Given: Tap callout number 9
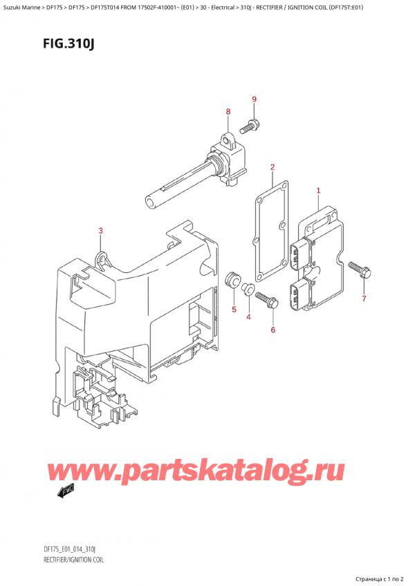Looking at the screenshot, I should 254,100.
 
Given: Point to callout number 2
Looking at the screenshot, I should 273,167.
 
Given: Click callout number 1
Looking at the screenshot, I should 318,191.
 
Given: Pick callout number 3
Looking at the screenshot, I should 101,231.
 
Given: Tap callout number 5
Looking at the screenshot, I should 234,309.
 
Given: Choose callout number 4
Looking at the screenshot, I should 249,317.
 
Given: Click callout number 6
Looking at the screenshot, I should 273,330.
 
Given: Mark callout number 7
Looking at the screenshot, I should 365,299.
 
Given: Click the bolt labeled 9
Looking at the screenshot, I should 249,126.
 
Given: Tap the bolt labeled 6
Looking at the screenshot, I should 266,300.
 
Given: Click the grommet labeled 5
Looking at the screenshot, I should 233,280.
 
